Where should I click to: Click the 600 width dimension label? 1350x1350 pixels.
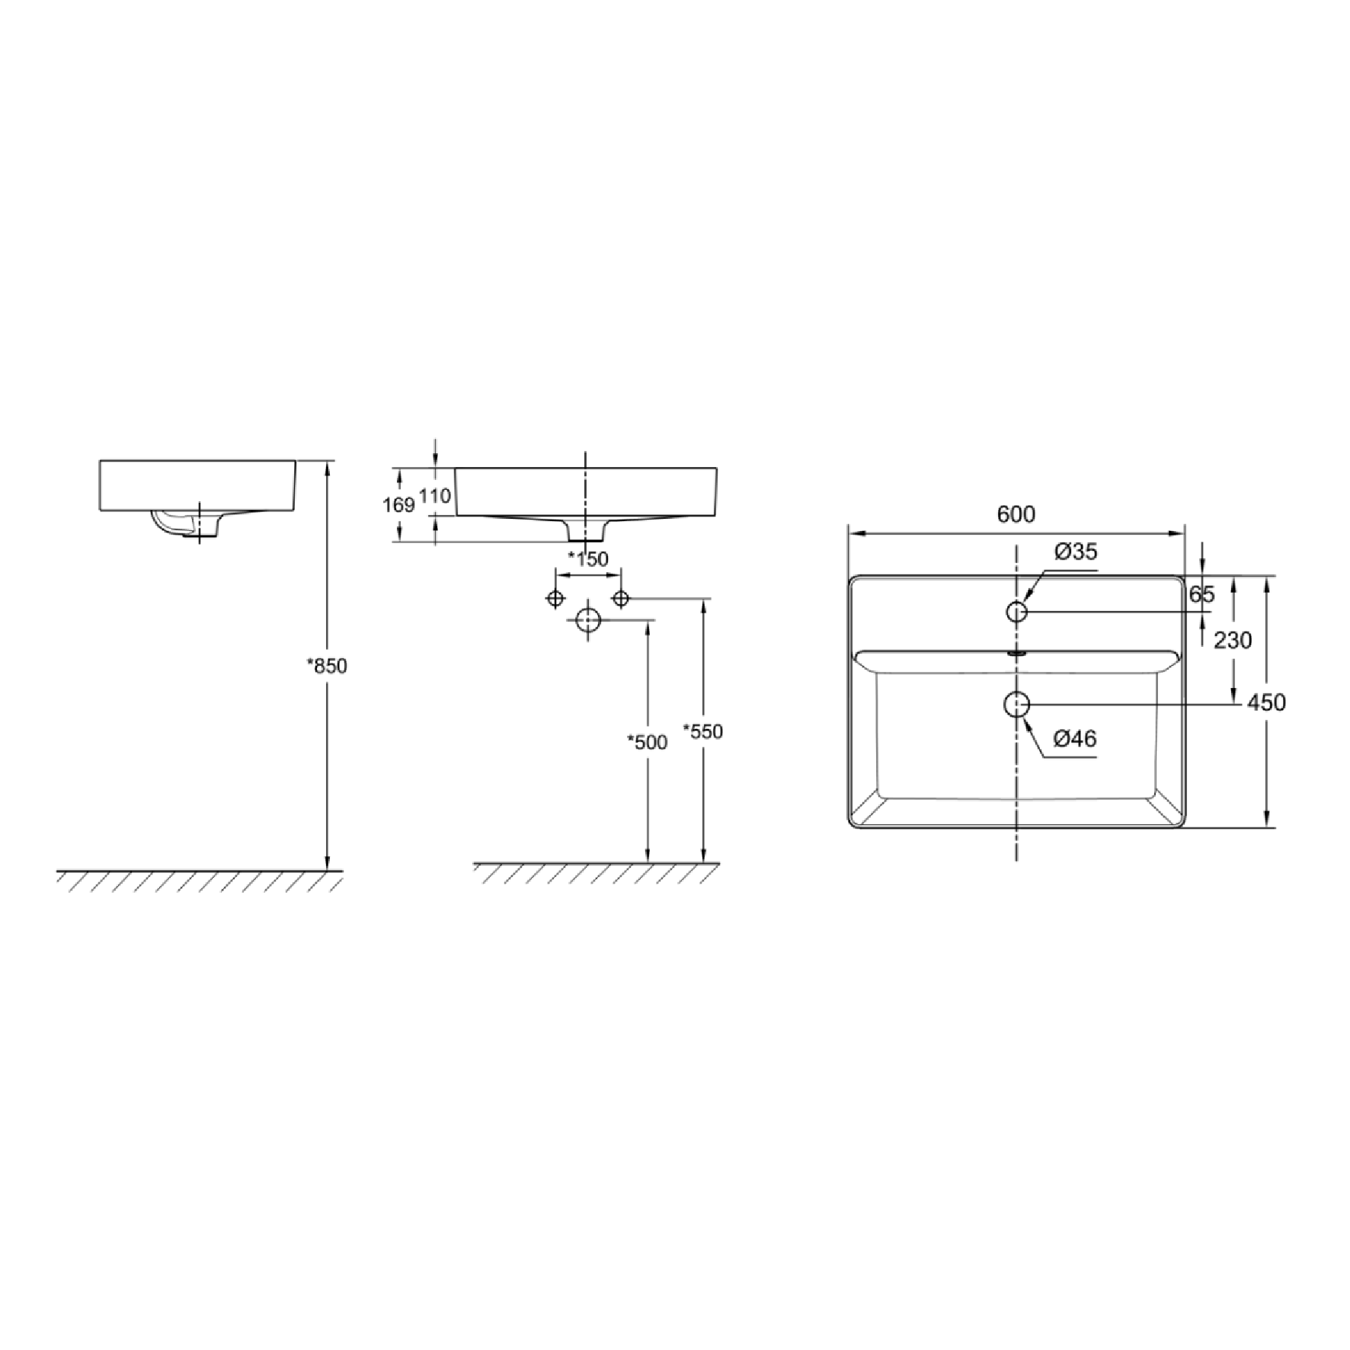coord(1016,514)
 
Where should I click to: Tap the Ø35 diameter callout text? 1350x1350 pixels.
coord(1076,552)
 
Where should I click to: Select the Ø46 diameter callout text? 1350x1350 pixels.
coord(1075,738)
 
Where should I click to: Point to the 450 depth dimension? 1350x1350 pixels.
coord(1266,702)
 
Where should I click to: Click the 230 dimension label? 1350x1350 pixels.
coord(1233,641)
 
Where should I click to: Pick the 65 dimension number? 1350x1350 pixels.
coord(1201,594)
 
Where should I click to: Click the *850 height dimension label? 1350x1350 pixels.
coord(327,666)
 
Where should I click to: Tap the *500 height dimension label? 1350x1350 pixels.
coord(647,742)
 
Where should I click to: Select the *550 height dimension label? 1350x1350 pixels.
coord(703,731)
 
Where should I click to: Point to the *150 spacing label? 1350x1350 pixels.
coord(588,559)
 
